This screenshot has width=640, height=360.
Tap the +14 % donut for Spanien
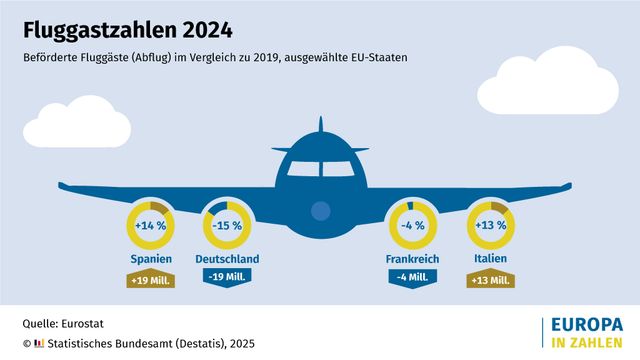151,225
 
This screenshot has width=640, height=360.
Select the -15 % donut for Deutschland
227,225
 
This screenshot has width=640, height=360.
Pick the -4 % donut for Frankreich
412,225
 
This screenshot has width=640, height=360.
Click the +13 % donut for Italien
489,225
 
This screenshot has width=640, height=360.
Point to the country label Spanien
151,259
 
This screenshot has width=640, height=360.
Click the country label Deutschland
227,259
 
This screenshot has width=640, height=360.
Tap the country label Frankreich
412,259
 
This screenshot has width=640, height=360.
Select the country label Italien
489,259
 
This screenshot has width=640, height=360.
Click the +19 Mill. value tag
151,280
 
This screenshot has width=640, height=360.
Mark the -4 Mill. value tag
412,277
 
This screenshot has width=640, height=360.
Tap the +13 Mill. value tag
489,280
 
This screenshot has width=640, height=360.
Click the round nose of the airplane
320,211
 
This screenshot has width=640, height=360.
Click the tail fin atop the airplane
320,127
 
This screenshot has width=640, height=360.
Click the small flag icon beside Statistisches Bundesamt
39,343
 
